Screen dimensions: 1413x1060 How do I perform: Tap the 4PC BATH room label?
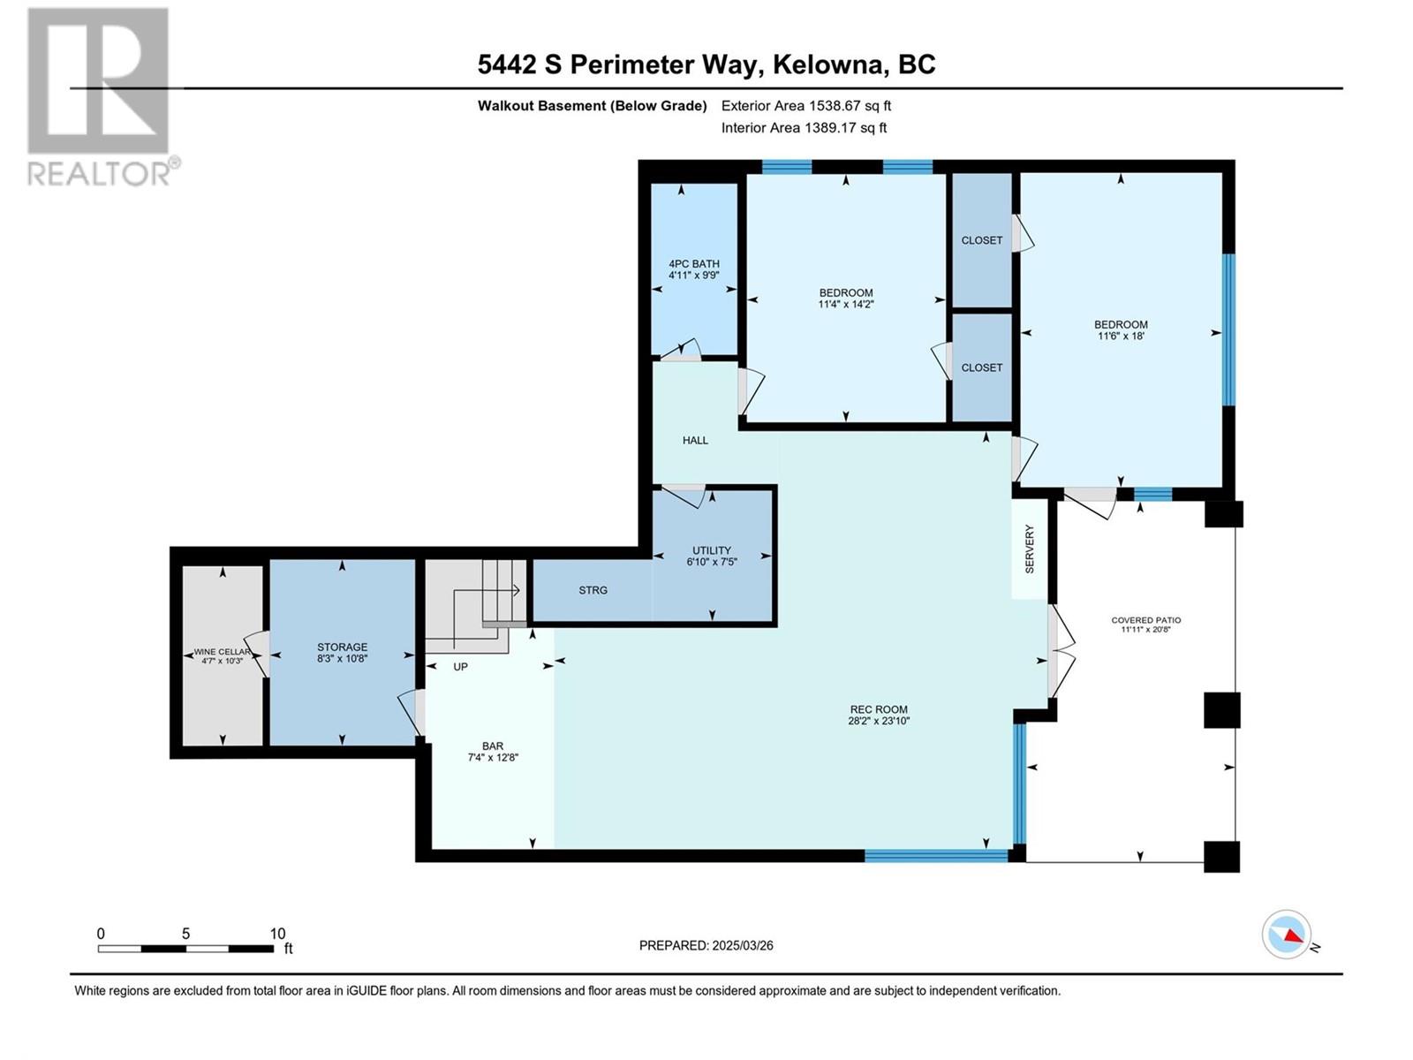[x=693, y=264]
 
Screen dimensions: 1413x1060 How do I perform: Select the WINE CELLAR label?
[x=222, y=652]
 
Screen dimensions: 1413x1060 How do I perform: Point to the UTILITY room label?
[x=711, y=550]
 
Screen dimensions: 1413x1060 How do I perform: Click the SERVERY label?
[x=1030, y=549]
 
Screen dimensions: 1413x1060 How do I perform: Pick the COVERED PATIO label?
[x=1145, y=620]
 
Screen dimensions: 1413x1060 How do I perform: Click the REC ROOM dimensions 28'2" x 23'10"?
[x=879, y=721]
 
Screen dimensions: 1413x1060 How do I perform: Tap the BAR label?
[x=493, y=746]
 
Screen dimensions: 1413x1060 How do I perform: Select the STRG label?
[x=593, y=589]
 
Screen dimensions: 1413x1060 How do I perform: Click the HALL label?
[x=695, y=440]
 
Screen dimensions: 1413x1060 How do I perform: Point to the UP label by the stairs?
[x=460, y=667]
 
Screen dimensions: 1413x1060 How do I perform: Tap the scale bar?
[x=186, y=949]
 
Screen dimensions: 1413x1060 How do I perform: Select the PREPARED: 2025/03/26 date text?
[x=706, y=945]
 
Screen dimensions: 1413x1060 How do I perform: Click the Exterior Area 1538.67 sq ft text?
[x=806, y=105]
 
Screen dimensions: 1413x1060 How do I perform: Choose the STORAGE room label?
[x=342, y=647]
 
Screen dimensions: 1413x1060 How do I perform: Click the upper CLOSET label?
[x=982, y=240]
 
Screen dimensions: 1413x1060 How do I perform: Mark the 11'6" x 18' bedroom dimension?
[x=1121, y=336]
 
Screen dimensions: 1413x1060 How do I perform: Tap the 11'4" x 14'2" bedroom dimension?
[x=846, y=304]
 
